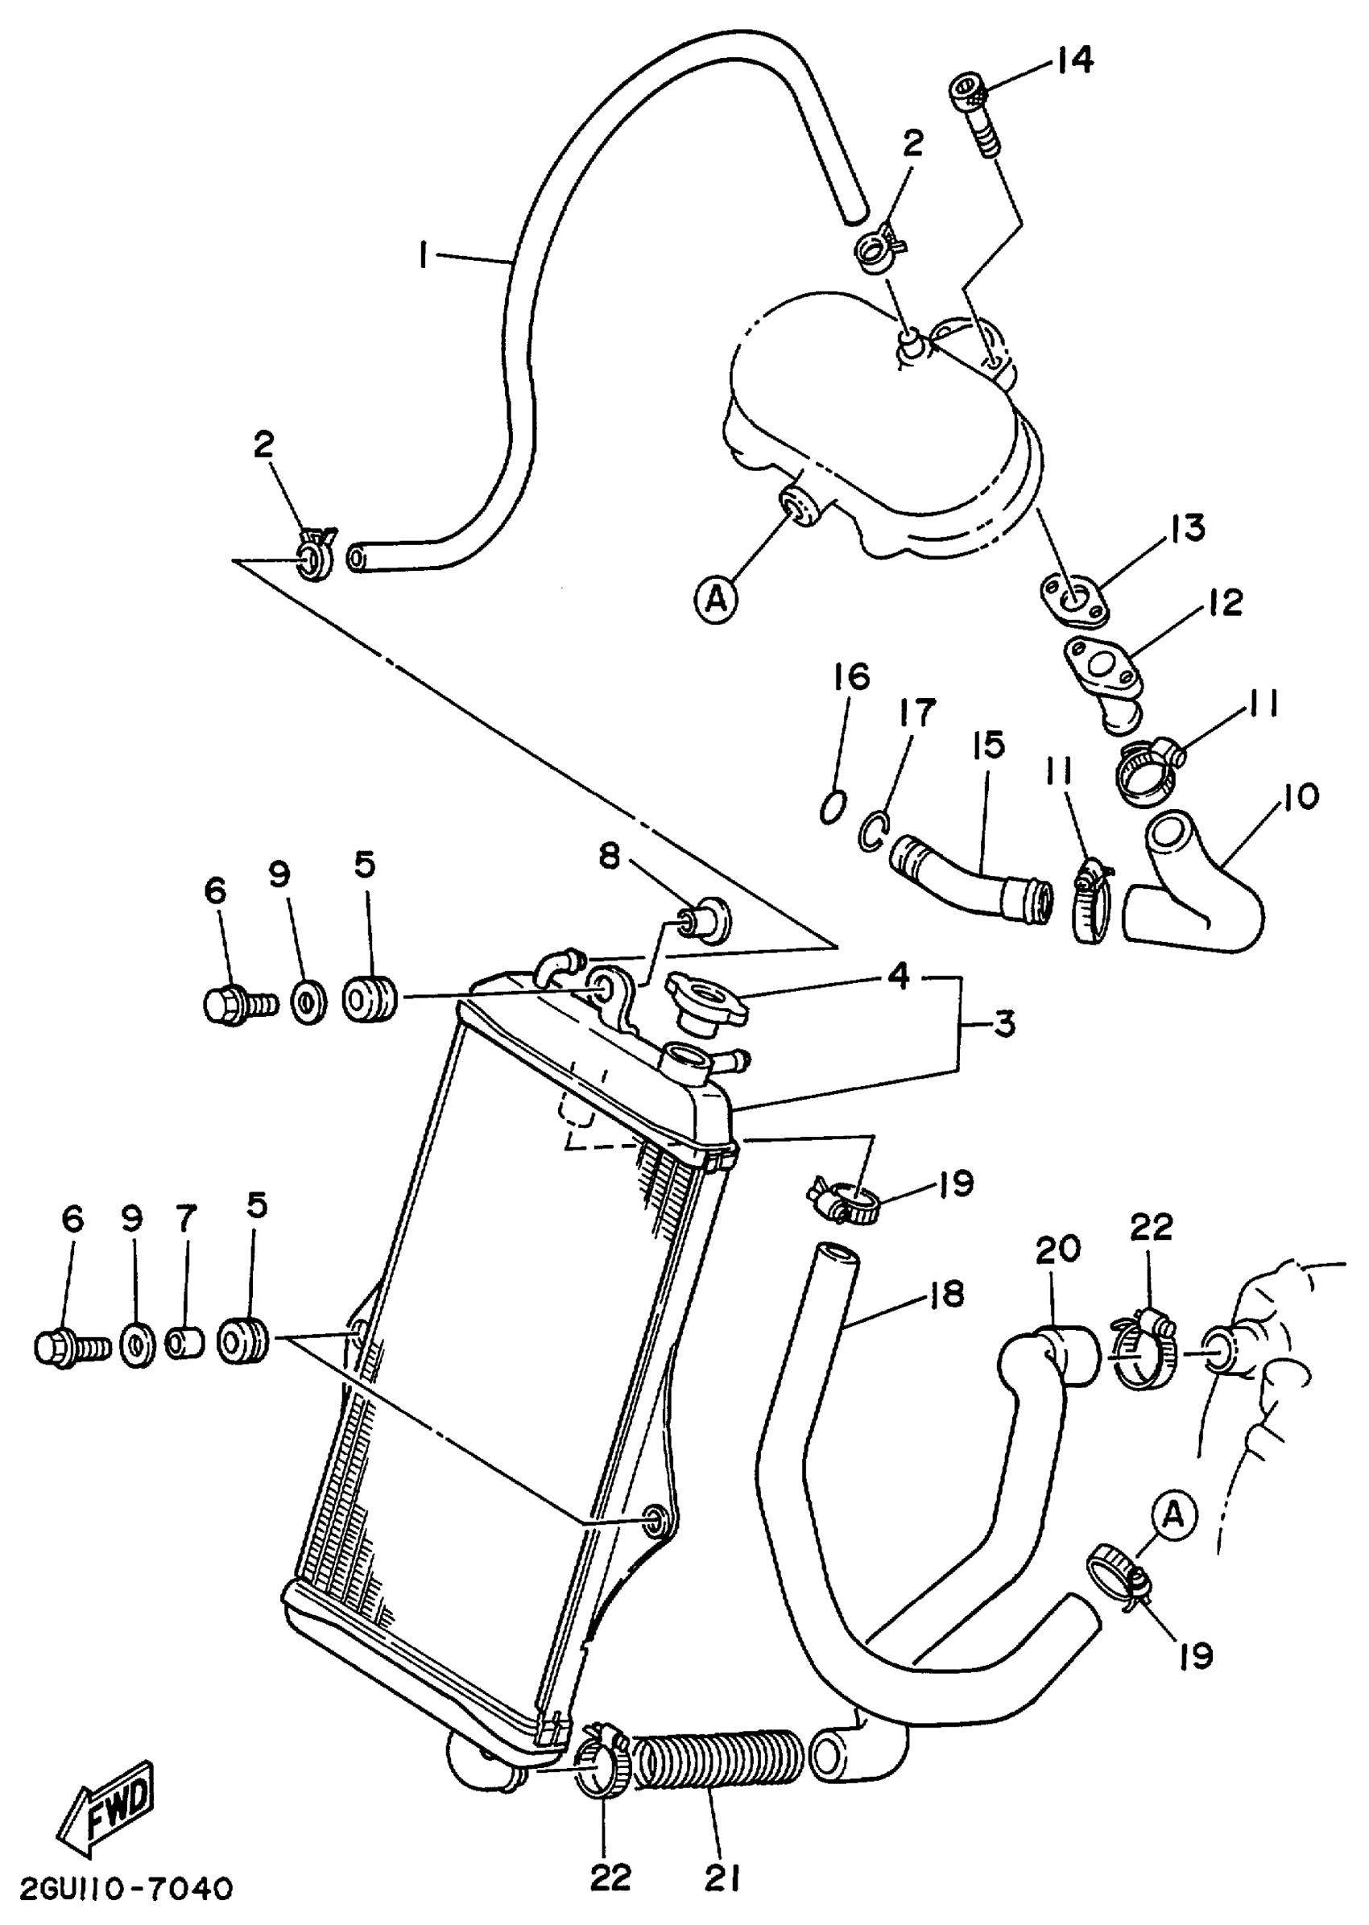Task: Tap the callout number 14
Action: pos(1073,60)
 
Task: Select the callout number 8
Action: pos(610,857)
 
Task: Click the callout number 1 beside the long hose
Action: pos(424,254)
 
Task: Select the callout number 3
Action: pos(1003,1025)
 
